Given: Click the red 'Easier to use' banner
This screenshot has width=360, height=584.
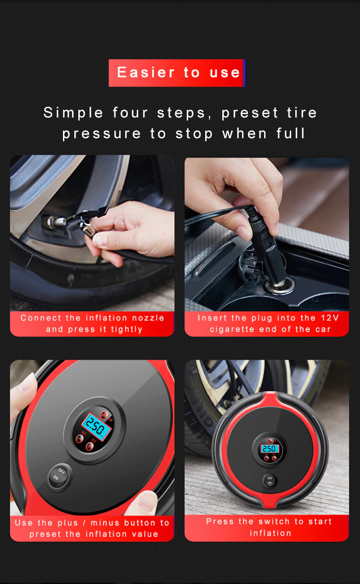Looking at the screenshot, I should click(176, 72).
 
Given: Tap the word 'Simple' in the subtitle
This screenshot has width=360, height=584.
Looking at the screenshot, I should click(73, 113).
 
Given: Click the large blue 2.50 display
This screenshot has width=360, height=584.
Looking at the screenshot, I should click(96, 426).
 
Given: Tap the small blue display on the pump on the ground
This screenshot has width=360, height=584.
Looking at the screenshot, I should click(270, 448).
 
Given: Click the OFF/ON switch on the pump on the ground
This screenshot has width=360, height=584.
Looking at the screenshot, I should click(270, 480).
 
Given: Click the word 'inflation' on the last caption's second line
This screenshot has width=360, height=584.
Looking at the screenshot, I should click(270, 533).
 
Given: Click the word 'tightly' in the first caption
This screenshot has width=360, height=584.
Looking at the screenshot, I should click(126, 329).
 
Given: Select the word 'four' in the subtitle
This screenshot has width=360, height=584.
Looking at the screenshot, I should click(130, 113).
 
